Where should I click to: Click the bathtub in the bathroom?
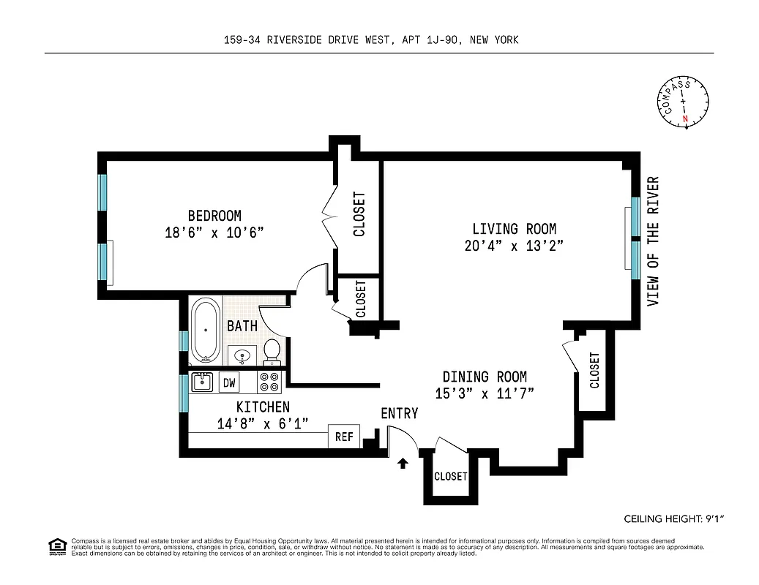[205, 331]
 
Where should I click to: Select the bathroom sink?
[242, 355]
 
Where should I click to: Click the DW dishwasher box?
[229, 382]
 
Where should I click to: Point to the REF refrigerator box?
[344, 437]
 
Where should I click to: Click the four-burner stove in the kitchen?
[269, 382]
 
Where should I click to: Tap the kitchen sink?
[202, 382]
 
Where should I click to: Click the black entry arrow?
[402, 463]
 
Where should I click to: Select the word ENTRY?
[399, 414]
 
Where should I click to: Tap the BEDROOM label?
[214, 216]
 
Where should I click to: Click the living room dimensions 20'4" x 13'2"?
[514, 246]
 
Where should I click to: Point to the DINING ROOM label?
[485, 377]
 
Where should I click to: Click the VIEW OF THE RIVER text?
[653, 241]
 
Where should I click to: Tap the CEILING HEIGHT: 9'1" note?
[673, 519]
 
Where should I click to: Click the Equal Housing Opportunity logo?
[56, 546]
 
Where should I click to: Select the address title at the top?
[371, 40]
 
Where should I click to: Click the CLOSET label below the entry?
[450, 476]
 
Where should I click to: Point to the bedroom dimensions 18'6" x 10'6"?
[214, 233]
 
